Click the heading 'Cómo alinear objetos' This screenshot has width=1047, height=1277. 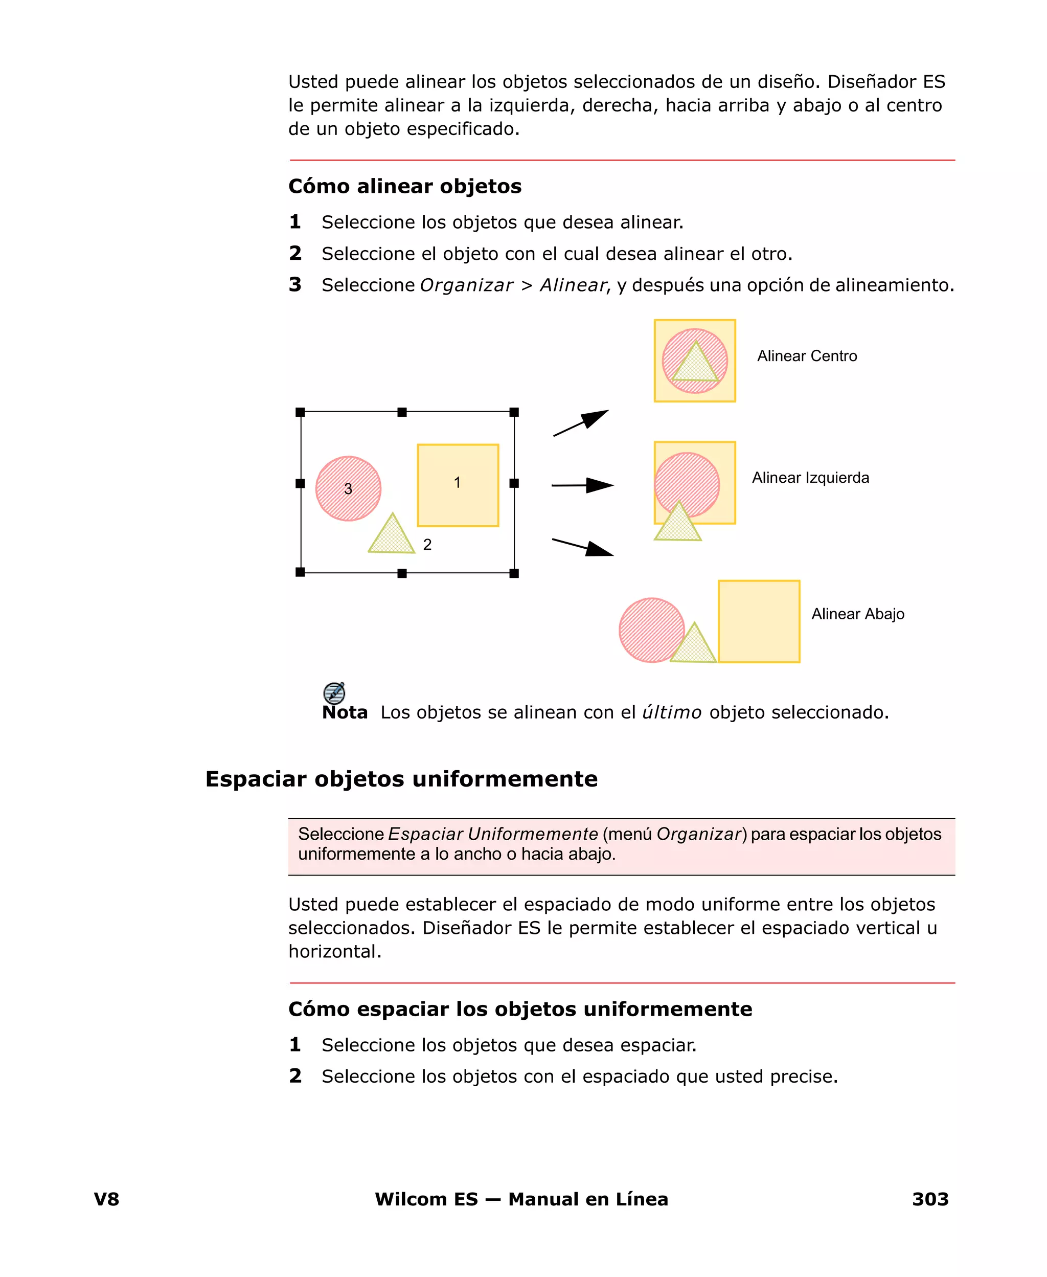pos(405,186)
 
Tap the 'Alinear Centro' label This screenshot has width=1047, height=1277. pos(807,356)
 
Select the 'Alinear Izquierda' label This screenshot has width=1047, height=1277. pos(810,478)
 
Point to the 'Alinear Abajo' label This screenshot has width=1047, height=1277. pos(858,614)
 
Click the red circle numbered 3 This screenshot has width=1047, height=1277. pos(349,488)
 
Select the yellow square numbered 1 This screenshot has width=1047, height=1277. pos(458,485)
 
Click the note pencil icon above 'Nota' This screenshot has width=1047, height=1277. pos(334,692)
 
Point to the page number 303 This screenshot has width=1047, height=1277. pos(930,1199)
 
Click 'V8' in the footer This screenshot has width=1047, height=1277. pos(107,1199)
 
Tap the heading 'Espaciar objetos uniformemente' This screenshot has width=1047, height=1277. pos(401,779)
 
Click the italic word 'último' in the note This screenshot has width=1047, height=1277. pos(671,712)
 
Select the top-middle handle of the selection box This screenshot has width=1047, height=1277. pos(402,413)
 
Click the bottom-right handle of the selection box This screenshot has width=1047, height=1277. pos(514,573)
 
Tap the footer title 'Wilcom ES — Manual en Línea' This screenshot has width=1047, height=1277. pos(521,1199)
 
